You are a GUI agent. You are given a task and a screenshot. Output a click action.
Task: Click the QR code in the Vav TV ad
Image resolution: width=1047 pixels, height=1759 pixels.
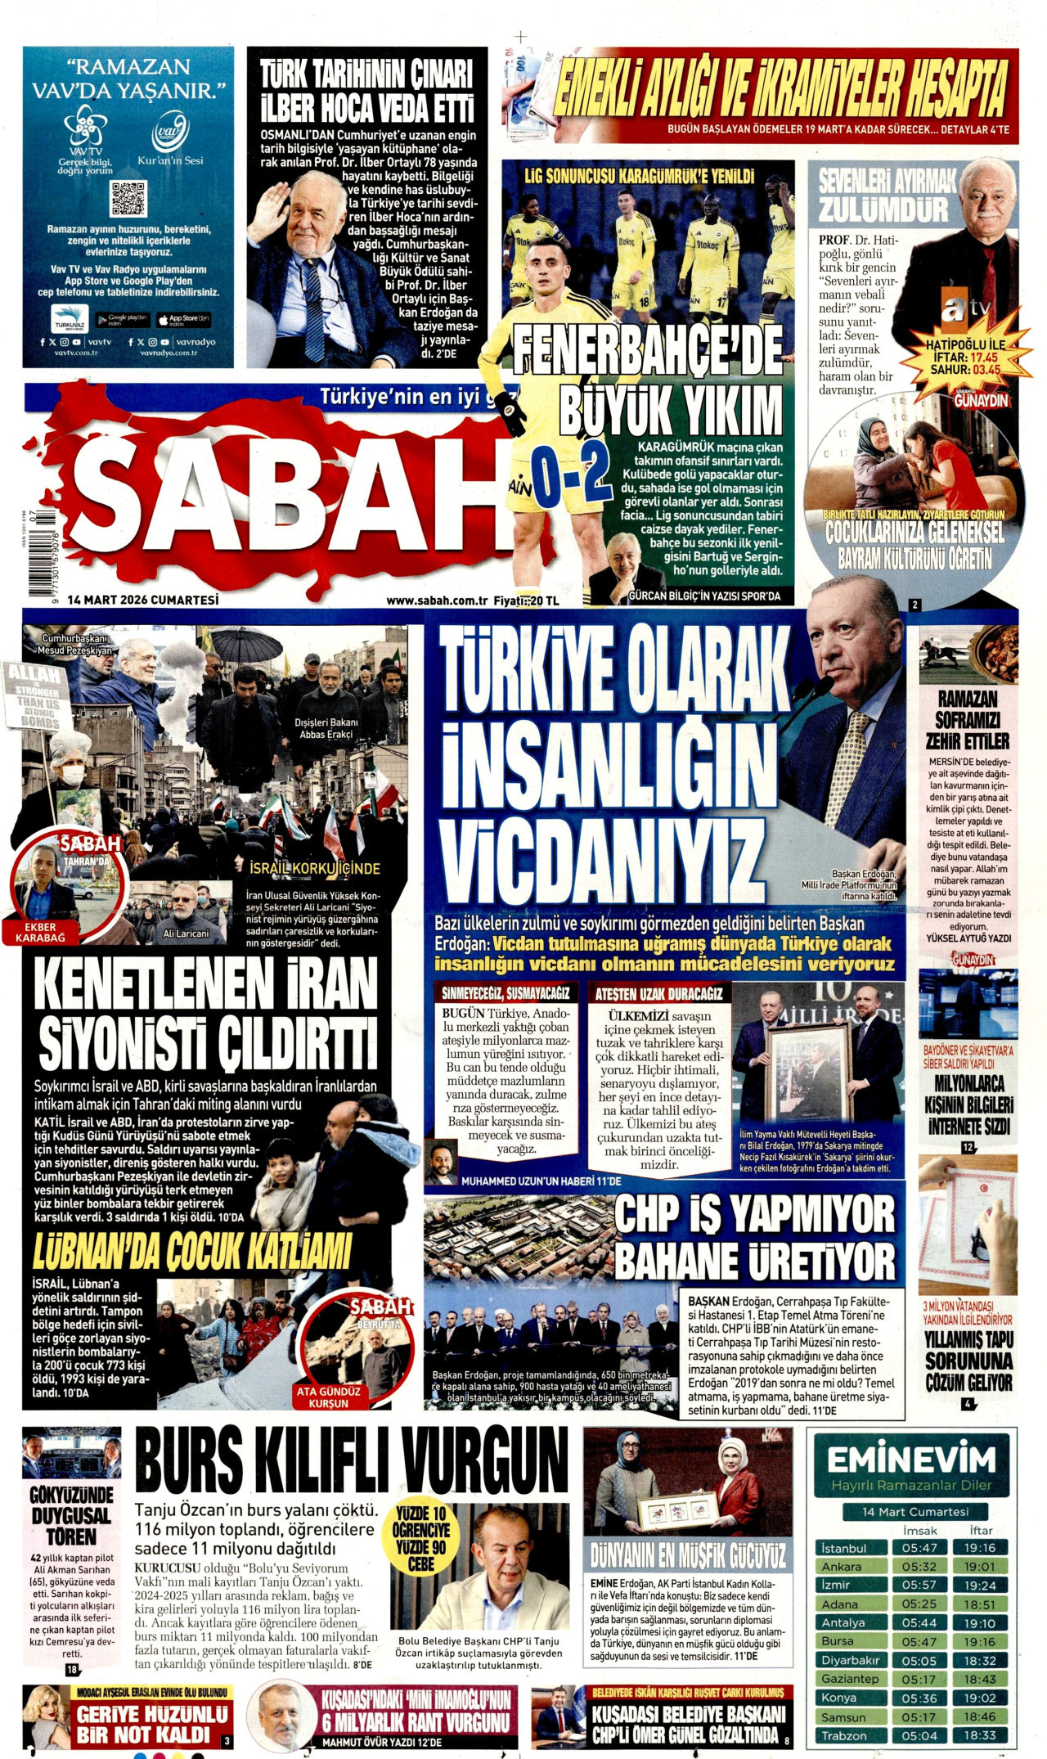pos(128,199)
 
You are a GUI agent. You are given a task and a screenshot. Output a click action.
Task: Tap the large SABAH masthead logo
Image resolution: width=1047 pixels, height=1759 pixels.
pos(286,499)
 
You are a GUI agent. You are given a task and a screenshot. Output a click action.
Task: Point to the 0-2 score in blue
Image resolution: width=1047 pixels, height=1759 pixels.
pos(570,475)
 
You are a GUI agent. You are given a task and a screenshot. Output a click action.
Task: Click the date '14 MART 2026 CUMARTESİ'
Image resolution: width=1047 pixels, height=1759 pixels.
pos(144,600)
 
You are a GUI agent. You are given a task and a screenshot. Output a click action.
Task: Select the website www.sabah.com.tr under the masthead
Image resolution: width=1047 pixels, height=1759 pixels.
pos(437,601)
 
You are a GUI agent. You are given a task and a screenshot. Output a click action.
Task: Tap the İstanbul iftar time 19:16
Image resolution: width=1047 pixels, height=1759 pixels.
pos(979,1547)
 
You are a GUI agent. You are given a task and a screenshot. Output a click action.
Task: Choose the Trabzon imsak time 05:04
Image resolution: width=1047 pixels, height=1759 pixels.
pos(919,1735)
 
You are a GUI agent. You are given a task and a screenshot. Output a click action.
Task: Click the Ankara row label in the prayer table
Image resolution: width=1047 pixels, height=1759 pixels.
pos(842,1566)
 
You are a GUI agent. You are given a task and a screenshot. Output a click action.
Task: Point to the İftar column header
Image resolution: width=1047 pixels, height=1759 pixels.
pos(980,1529)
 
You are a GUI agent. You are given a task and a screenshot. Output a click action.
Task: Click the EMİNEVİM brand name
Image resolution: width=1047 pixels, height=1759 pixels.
pos(910,1460)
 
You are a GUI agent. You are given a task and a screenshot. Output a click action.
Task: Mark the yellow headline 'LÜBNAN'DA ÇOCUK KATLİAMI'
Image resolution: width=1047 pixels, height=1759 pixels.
pos(192,1250)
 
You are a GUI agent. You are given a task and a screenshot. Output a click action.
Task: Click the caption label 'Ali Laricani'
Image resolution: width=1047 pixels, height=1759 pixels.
pos(186,933)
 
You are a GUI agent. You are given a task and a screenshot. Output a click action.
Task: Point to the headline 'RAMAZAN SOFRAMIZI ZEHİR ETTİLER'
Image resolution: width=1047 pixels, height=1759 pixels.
pos(968,720)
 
